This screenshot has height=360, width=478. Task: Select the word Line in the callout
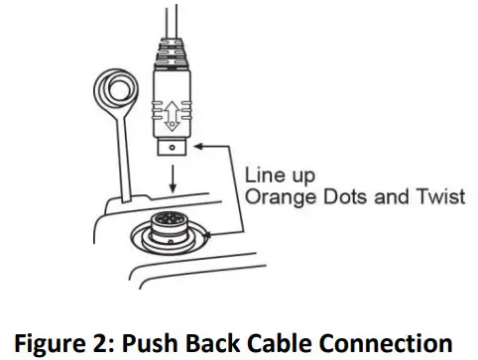pyautogui.click(x=262, y=175)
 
